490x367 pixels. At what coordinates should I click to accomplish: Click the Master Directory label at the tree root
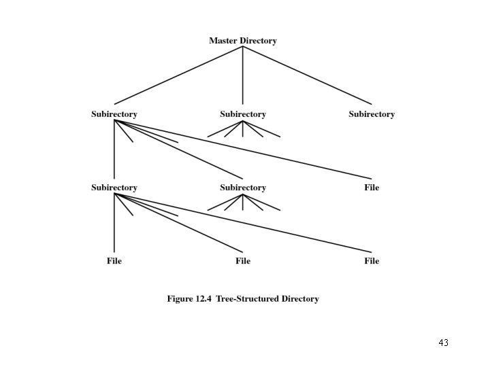pyautogui.click(x=243, y=41)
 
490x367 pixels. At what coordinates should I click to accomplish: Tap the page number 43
pyautogui.click(x=444, y=343)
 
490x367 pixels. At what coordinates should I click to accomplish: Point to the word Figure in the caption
pyautogui.click(x=180, y=299)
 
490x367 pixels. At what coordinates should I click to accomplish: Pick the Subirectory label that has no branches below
pyautogui.click(x=372, y=114)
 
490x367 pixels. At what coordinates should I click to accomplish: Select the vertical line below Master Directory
pyautogui.click(x=243, y=75)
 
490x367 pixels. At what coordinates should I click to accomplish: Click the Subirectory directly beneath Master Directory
pyautogui.click(x=243, y=114)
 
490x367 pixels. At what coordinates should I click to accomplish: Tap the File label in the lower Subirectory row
pyautogui.click(x=372, y=188)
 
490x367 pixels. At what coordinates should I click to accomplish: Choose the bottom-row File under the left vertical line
pyautogui.click(x=114, y=261)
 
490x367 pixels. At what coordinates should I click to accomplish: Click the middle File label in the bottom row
pyautogui.click(x=243, y=261)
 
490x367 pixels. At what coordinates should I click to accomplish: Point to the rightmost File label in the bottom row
pyautogui.click(x=372, y=261)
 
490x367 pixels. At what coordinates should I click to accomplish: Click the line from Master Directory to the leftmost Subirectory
pyautogui.click(x=178, y=75)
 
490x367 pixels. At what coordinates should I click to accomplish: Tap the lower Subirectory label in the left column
pyautogui.click(x=114, y=188)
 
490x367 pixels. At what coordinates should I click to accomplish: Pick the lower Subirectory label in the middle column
pyautogui.click(x=243, y=188)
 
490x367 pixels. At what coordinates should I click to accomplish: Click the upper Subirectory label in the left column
pyautogui.click(x=114, y=114)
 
